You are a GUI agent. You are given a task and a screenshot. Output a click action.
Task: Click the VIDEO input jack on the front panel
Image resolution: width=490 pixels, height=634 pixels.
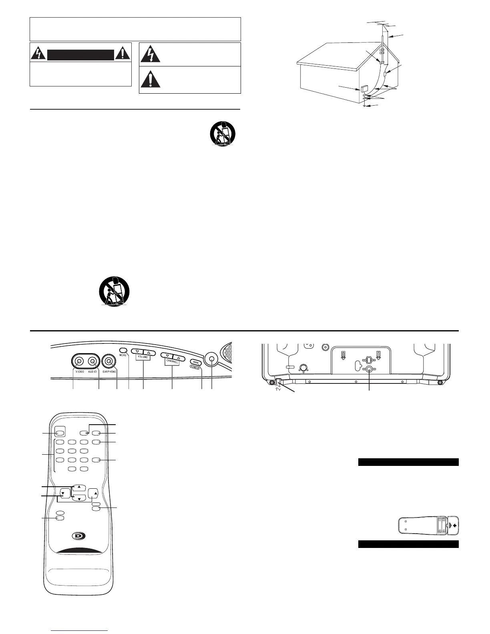[79, 361]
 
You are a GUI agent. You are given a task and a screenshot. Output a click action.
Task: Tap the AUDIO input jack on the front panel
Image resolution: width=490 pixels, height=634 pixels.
[92, 361]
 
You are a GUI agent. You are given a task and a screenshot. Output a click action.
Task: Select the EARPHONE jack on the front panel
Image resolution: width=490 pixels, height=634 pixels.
[108, 361]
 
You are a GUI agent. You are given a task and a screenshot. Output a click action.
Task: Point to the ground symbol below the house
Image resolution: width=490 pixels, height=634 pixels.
[364, 106]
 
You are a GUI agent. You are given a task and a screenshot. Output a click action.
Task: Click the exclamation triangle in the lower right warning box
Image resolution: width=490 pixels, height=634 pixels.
[151, 79]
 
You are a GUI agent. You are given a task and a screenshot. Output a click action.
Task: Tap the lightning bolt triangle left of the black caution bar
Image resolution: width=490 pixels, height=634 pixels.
[38, 54]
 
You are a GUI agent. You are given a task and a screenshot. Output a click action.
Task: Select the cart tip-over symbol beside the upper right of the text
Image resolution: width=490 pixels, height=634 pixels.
[223, 133]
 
